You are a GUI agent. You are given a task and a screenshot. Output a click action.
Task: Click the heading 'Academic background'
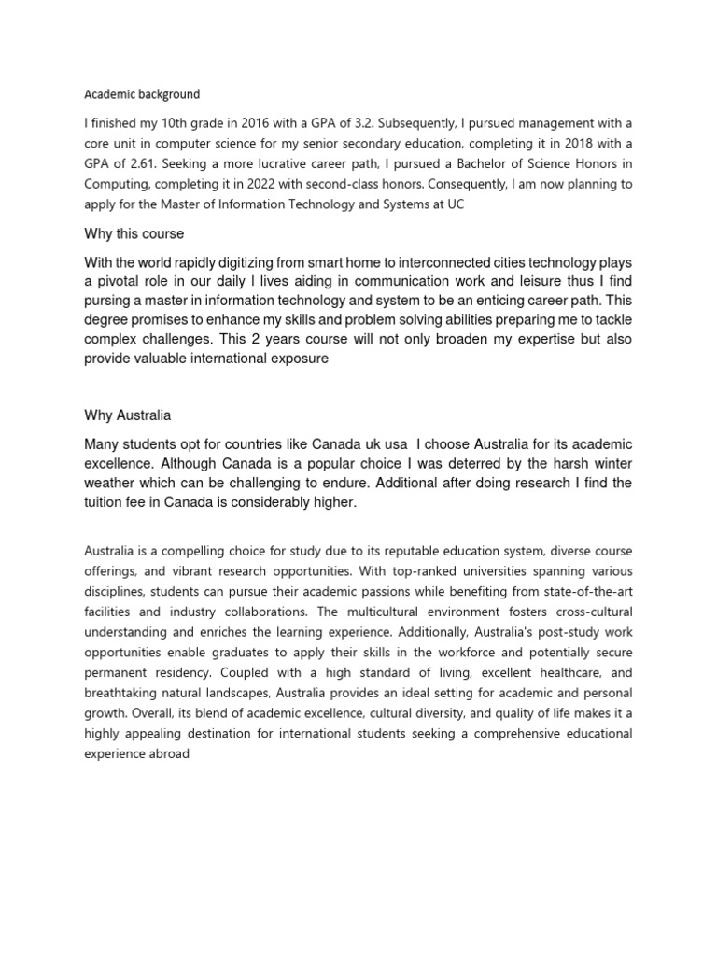coord(142,94)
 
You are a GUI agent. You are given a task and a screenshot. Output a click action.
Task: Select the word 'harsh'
coord(545,463)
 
